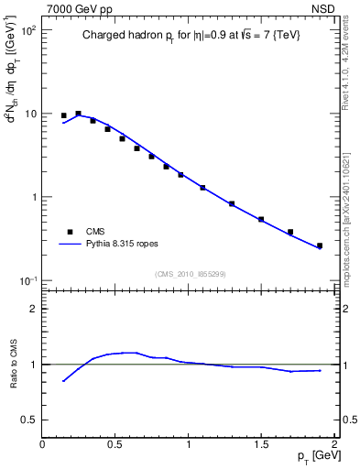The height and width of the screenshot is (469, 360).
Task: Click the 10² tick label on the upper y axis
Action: click(x=27, y=30)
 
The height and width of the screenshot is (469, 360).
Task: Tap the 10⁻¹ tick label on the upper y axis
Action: click(x=27, y=280)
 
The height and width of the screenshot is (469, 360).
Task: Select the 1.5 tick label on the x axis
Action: click(x=261, y=444)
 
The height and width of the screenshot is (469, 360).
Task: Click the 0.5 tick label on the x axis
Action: click(x=115, y=444)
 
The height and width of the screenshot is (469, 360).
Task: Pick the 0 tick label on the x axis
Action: click(x=42, y=444)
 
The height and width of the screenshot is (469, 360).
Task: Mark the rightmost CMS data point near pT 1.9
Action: click(x=319, y=245)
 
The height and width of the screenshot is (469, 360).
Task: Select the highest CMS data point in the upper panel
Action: click(x=78, y=114)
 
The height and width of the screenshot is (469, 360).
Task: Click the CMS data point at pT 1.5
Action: click(x=261, y=219)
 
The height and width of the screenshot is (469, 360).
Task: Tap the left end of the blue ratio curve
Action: click(x=63, y=381)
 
